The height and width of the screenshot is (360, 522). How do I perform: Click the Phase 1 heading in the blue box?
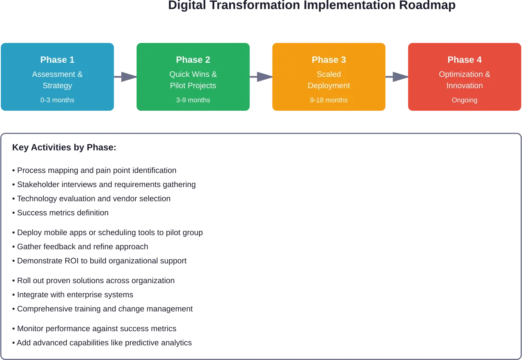57,60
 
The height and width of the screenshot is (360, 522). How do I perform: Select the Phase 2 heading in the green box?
193,60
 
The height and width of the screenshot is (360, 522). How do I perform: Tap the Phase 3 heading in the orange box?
329,60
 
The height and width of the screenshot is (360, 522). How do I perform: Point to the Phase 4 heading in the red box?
465,60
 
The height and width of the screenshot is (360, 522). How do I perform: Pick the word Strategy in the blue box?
57,86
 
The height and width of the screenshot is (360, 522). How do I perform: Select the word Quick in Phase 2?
179,74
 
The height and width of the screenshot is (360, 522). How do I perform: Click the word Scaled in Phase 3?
329,74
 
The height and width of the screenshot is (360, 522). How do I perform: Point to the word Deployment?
329,86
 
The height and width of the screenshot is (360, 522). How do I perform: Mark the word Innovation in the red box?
465,86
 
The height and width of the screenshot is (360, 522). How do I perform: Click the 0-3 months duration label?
57,100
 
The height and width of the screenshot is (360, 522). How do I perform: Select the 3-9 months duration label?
193,100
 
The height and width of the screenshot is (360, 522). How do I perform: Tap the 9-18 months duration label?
329,100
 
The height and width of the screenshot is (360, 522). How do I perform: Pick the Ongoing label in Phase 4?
465,100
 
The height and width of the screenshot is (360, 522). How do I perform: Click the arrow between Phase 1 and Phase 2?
126,77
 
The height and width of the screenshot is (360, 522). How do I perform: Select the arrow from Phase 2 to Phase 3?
261,77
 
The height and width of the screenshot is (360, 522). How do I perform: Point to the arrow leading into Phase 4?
397,77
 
